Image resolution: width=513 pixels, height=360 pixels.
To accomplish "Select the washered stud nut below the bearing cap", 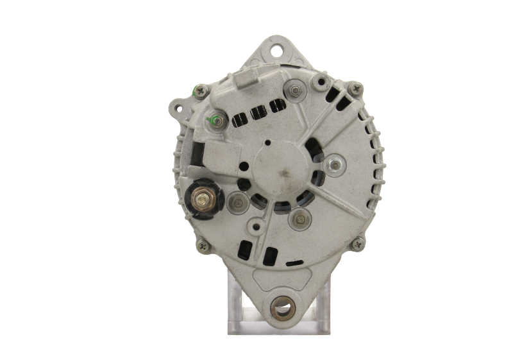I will click(298, 219).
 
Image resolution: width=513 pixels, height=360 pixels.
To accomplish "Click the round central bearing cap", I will click(276, 168).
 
